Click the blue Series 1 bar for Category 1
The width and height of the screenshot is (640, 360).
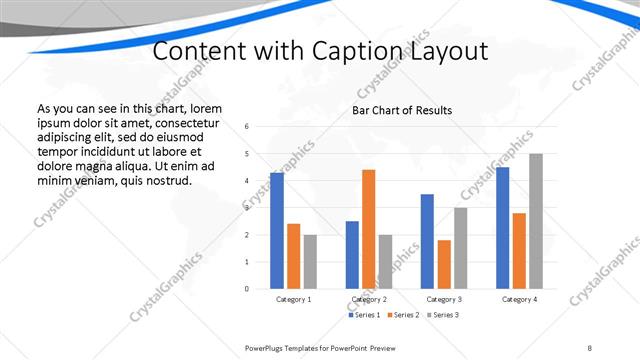tap(277, 231)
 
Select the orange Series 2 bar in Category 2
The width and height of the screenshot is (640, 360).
tap(369, 229)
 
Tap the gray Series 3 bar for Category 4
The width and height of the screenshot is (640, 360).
tap(536, 221)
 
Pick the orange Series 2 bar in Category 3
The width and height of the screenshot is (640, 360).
tap(444, 264)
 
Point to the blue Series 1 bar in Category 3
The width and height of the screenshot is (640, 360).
tap(427, 241)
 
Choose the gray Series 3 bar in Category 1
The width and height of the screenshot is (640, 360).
tap(310, 262)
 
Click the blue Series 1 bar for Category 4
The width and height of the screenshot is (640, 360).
tap(502, 228)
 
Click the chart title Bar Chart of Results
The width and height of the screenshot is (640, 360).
tap(401, 110)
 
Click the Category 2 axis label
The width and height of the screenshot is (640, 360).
tap(369, 300)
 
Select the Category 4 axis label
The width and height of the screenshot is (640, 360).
tap(519, 300)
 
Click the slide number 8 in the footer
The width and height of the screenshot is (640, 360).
tap(590, 347)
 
